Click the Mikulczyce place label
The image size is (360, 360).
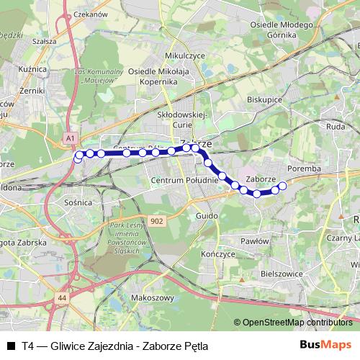click(x=165, y=55)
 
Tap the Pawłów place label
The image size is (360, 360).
click(x=255, y=241)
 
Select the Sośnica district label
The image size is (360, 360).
click(x=78, y=203)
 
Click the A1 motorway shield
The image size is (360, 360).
click(x=70, y=136)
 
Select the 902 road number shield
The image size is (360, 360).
click(x=158, y=221)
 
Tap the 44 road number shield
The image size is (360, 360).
click(x=63, y=296)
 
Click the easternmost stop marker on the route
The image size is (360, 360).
click(x=282, y=186)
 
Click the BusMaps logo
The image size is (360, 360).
click(x=326, y=345)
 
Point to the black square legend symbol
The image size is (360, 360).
click(x=11, y=346)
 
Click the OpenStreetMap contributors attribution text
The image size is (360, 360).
click(x=297, y=323)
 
